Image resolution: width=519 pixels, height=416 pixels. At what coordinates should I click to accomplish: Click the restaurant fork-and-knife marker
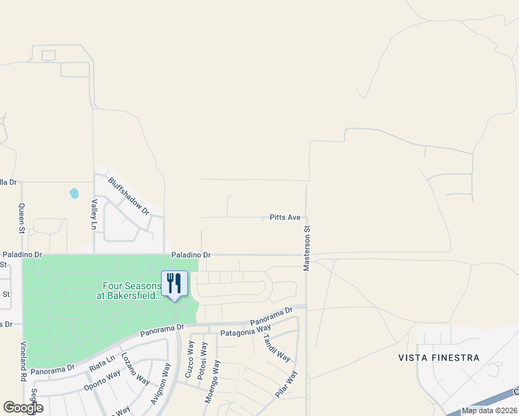174,283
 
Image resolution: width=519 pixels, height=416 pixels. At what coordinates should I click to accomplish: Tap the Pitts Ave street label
285,218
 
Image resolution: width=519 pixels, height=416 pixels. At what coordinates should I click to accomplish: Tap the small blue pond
74,193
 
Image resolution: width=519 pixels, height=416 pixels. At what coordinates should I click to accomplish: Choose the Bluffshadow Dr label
128,196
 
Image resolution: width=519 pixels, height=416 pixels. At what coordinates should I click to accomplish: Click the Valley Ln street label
94,215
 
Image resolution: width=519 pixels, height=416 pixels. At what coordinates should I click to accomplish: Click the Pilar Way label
286,383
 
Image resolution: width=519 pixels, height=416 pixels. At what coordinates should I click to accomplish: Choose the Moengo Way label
216,381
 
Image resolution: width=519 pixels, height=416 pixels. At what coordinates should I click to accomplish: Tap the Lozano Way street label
135,369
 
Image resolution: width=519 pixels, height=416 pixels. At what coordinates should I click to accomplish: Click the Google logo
23,408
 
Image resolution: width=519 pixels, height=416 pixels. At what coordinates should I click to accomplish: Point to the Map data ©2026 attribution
488,410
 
